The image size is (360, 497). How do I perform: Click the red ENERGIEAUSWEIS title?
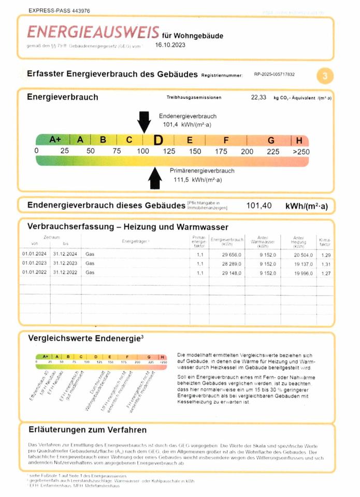[x=93, y=33]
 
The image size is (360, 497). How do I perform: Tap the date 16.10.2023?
[x=170, y=45]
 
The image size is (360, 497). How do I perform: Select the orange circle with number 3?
[x=325, y=76]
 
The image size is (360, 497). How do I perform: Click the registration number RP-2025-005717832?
[x=275, y=75]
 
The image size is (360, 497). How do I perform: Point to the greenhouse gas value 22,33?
[x=258, y=97]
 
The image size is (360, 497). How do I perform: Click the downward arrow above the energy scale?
[x=143, y=122]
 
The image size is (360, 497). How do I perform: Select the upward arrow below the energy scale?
[x=154, y=179]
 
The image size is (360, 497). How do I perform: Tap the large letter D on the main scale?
[x=158, y=140]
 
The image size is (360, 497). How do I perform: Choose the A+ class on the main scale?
[x=55, y=140]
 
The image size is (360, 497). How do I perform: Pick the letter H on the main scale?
[x=299, y=140]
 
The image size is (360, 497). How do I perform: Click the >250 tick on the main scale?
[x=300, y=151]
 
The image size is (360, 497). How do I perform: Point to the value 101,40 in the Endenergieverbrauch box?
[x=259, y=206]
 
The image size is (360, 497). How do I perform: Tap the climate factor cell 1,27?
[x=326, y=272]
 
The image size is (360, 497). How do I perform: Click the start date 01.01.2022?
[x=35, y=272]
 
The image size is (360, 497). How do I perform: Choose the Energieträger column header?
[x=136, y=242]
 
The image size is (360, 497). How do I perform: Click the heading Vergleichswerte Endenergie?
[x=84, y=338]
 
